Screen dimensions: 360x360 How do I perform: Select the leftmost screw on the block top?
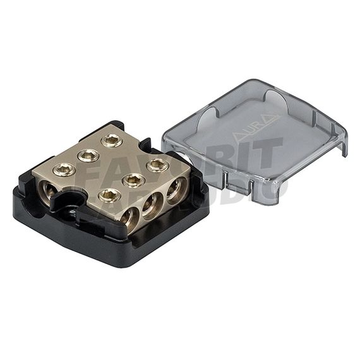(64, 169)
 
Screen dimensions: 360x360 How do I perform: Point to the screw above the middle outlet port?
(133, 180)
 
